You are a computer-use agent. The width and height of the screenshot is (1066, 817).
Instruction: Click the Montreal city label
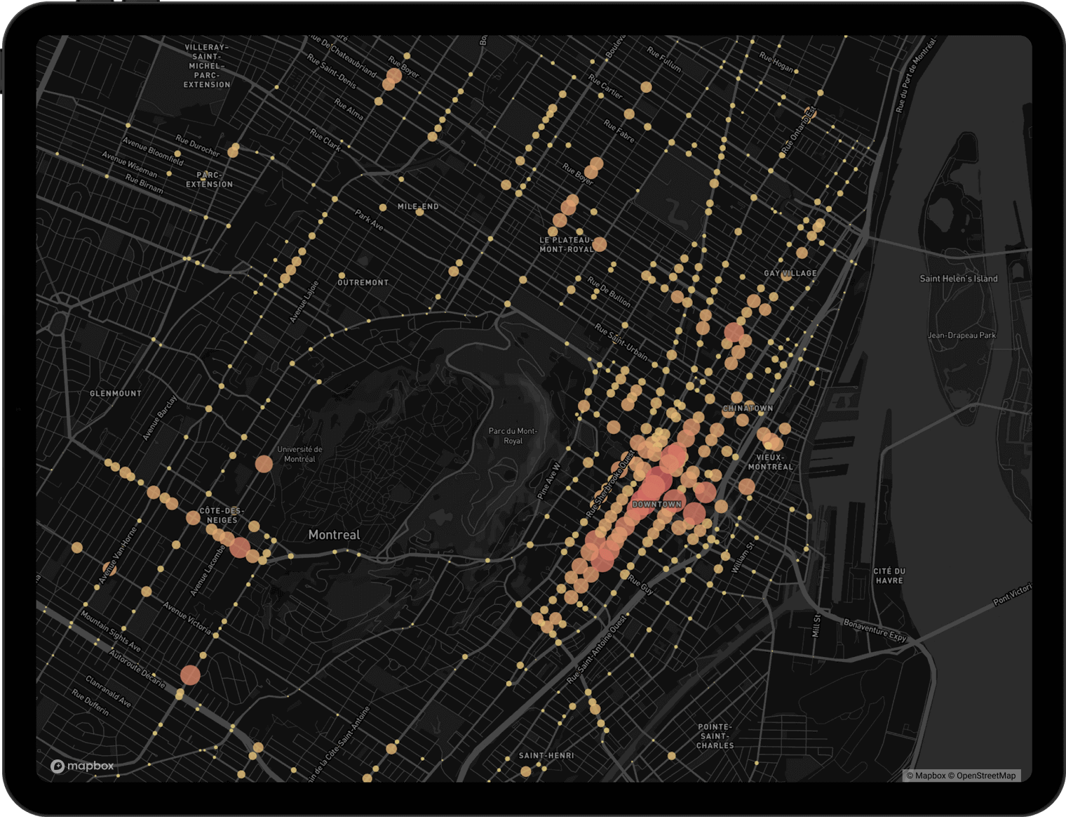(334, 535)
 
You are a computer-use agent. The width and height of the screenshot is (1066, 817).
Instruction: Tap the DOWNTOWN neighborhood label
(656, 505)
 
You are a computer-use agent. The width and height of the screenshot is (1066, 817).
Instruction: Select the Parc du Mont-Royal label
(513, 436)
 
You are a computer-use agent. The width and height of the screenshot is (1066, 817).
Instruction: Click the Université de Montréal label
(299, 454)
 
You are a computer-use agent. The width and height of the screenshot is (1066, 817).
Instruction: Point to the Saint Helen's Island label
(958, 279)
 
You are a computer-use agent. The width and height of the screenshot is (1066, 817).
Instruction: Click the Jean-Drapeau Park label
(962, 336)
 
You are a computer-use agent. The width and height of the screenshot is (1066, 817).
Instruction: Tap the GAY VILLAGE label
(790, 273)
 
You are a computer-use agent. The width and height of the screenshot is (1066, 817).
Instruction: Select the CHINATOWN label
(748, 408)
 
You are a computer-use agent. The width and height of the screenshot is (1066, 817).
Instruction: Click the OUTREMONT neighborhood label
(363, 283)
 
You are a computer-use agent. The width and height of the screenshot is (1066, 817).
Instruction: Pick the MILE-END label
(417, 206)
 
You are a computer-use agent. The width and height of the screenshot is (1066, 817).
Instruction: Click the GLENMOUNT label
(116, 394)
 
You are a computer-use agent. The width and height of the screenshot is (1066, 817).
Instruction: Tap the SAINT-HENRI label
(546, 756)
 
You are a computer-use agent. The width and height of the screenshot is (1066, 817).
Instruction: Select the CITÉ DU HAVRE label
(889, 576)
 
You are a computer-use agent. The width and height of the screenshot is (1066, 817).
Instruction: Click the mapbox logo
(82, 766)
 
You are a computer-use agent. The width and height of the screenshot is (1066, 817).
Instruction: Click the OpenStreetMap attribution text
(985, 776)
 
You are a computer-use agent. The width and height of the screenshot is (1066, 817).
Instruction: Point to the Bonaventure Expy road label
(875, 630)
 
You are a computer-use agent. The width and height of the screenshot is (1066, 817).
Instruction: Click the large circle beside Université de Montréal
(264, 464)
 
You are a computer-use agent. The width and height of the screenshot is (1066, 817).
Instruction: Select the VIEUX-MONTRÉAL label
(770, 462)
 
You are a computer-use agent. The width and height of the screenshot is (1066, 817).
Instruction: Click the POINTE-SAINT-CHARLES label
(715, 736)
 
